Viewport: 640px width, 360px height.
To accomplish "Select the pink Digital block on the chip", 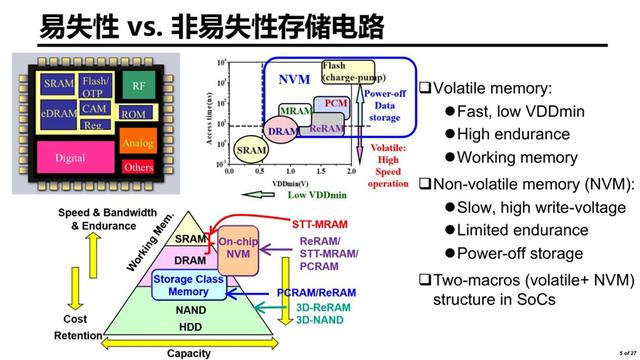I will click(x=70, y=157).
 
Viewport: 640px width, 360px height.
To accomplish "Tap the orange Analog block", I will click(x=137, y=144).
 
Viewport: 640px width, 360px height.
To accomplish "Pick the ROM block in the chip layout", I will click(x=133, y=115).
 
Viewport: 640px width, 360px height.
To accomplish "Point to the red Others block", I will click(x=137, y=167).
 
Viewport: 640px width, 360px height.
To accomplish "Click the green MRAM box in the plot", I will click(x=295, y=110).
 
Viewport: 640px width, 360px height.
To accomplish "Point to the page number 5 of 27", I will click(x=627, y=353).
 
